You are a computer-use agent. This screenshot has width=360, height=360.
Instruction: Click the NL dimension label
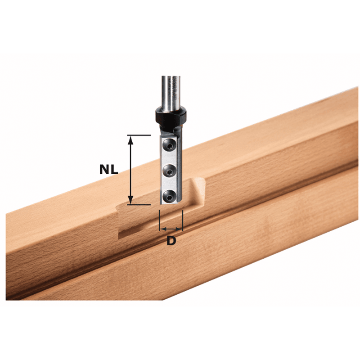pyautogui.click(x=108, y=170)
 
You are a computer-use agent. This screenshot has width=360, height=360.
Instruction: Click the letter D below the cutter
pyautogui.click(x=171, y=241)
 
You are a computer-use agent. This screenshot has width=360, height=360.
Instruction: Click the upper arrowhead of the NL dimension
pyautogui.click(x=130, y=140)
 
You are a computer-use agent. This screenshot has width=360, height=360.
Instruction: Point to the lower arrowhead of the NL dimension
pyautogui.click(x=130, y=199)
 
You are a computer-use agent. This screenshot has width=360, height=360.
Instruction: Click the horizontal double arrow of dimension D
pyautogui.click(x=171, y=229)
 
